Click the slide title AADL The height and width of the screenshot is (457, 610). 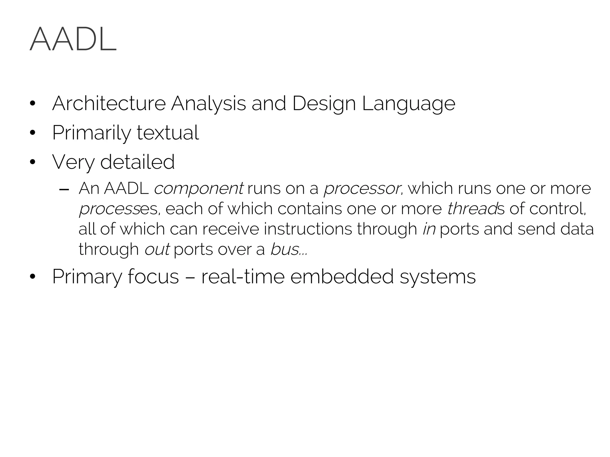pos(73,40)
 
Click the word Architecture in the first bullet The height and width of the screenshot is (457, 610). pos(109,104)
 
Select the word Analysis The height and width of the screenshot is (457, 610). pos(208,104)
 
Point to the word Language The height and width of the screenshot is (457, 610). pos(409,104)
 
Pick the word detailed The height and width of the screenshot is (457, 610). pos(137,162)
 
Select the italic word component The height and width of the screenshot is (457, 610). pos(199,189)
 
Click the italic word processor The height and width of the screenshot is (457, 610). pos(362,189)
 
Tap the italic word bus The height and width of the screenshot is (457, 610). pos(284,249)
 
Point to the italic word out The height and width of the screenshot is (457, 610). pos(157,249)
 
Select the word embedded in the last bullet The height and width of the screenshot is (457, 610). pos(341,276)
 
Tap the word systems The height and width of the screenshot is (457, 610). pos(438,276)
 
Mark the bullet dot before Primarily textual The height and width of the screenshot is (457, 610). pos(32,133)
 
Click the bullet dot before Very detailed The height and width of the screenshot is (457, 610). pos(32,162)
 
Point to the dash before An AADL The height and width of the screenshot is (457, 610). pos(64,189)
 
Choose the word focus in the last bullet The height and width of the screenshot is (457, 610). pos(153,276)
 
